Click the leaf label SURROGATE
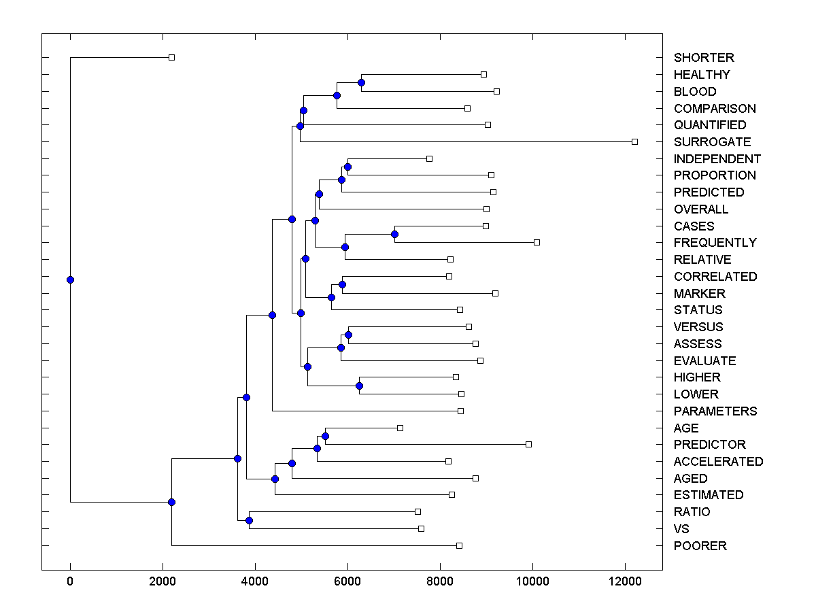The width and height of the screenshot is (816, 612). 712,142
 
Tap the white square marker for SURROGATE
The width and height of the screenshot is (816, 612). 634,141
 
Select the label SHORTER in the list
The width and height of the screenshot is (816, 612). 704,58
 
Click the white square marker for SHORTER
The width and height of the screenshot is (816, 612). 171,57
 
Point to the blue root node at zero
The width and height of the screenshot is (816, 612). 70,279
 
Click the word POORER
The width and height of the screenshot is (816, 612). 700,546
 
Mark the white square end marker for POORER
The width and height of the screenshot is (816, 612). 459,545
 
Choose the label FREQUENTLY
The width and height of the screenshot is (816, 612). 715,243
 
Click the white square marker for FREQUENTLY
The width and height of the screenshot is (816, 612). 537,242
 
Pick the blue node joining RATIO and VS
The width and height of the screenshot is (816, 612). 249,520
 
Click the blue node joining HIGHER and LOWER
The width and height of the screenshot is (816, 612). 359,386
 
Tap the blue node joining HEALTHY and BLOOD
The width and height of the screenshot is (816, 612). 361,82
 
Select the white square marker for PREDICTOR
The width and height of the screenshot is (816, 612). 528,444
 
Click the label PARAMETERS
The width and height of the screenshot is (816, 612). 715,411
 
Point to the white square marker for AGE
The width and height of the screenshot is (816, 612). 400,428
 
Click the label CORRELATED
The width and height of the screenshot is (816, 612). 715,277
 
